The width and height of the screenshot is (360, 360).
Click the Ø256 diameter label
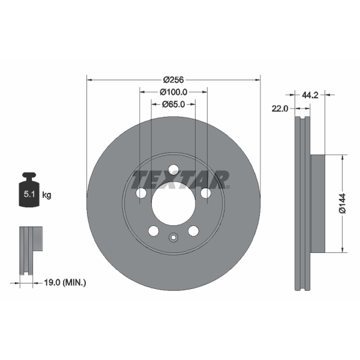173,80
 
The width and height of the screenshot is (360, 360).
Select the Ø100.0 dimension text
173,92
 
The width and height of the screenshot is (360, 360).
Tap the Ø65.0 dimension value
173,104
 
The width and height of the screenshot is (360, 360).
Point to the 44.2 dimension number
310,95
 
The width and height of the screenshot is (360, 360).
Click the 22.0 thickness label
279,108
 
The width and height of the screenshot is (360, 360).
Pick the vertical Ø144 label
342,203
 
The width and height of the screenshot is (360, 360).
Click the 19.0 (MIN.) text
65,283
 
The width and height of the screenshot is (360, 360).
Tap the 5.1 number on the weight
29,194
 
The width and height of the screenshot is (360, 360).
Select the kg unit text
47,195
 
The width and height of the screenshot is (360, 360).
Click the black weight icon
29,189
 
